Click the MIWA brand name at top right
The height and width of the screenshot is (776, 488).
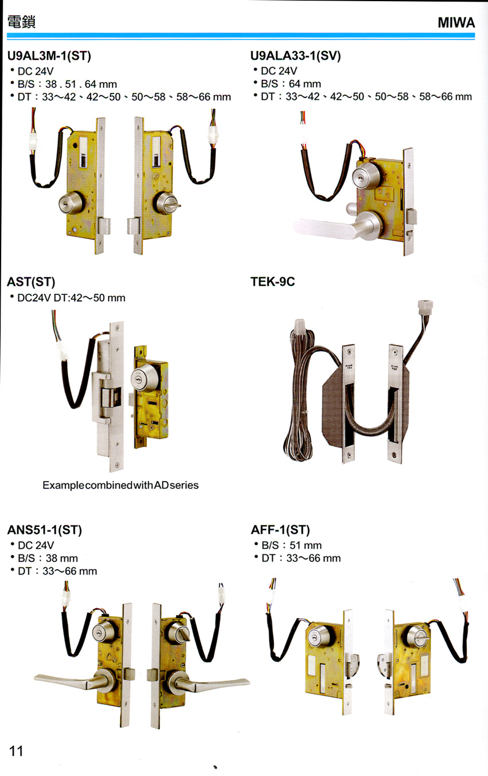(456, 22)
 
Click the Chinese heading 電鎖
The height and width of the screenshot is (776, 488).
(21, 22)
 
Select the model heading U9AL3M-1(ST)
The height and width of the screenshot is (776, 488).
(49, 56)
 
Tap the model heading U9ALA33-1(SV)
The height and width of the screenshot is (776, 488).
(296, 56)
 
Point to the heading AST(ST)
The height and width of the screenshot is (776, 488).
(31, 282)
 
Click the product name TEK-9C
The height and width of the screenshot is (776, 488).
(273, 281)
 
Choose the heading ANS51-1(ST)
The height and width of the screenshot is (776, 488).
(45, 530)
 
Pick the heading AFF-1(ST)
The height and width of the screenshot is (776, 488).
(280, 530)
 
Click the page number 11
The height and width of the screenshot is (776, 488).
(16, 751)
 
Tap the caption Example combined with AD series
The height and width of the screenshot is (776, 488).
(121, 485)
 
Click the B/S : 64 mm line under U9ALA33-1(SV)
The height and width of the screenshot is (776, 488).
(291, 84)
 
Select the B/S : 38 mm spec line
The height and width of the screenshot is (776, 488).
(48, 558)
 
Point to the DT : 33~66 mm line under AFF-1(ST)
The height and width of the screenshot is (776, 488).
(301, 558)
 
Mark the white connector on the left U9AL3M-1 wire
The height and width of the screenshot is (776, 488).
(33, 143)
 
